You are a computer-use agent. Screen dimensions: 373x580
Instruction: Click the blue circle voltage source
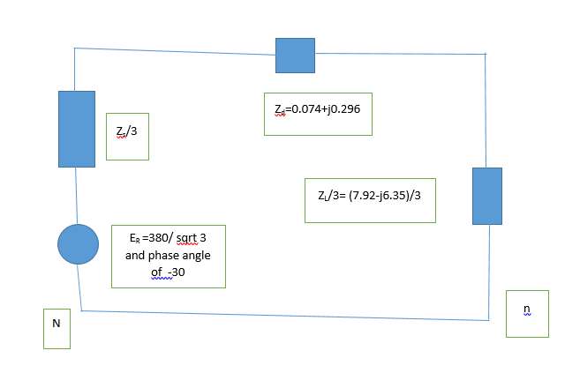[78, 244]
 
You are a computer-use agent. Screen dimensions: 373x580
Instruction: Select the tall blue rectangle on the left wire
[77, 129]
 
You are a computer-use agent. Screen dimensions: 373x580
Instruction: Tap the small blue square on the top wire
[295, 55]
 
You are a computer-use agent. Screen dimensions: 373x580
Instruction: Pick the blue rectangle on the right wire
[487, 196]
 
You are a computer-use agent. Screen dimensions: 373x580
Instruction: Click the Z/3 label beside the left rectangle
[126, 131]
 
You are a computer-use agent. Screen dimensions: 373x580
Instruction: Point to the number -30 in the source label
[179, 272]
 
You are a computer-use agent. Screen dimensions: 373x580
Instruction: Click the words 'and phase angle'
[168, 256]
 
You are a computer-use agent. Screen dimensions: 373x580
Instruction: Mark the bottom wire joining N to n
[282, 315]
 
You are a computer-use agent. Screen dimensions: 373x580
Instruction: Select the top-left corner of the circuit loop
[75, 48]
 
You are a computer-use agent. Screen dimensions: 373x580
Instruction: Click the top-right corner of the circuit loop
[485, 55]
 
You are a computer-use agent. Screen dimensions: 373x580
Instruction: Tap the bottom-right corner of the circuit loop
[488, 320]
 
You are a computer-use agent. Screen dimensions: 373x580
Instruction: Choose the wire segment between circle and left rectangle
[78, 196]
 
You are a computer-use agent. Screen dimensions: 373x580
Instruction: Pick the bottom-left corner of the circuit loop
[82, 310]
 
